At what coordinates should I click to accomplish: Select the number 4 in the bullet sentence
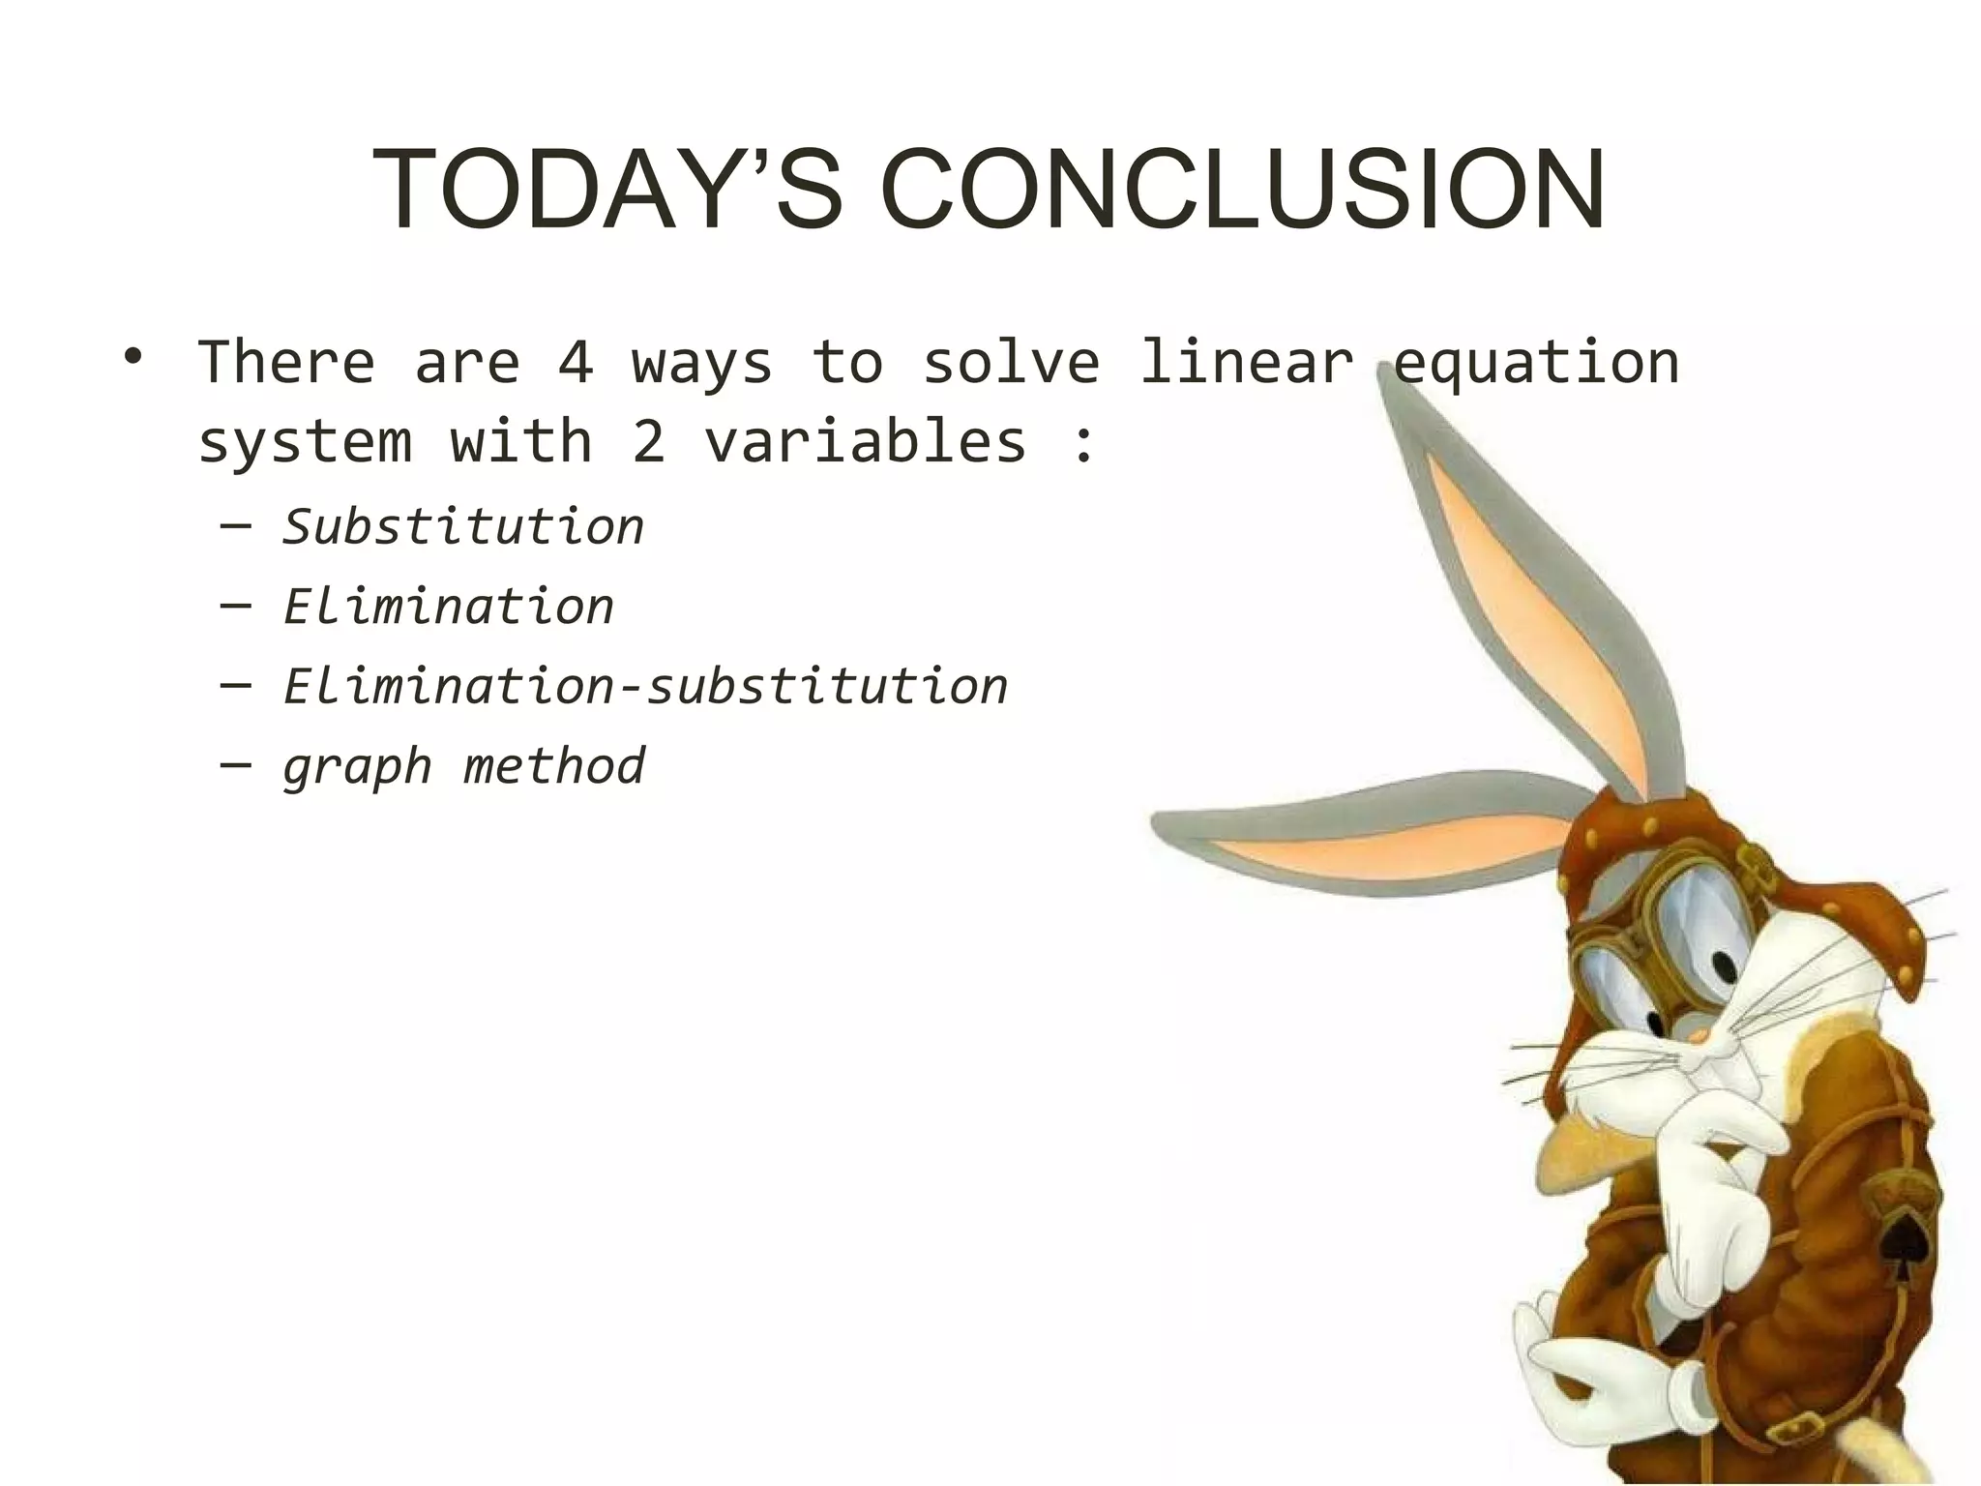pos(577,363)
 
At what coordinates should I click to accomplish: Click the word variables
pos(866,442)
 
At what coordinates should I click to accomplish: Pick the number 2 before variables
pos(649,442)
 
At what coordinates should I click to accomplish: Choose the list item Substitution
pos(463,527)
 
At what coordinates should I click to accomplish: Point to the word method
pos(554,766)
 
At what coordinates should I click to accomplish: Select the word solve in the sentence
pos(1011,363)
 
